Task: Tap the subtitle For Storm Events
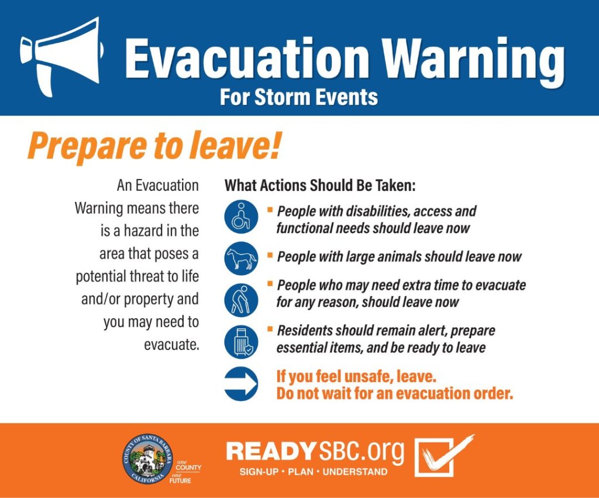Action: tap(298, 97)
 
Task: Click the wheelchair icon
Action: tap(241, 217)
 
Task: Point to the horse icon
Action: tap(241, 258)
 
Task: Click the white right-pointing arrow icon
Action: tap(241, 384)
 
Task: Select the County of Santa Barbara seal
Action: tap(147, 459)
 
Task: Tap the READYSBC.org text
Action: tap(315, 452)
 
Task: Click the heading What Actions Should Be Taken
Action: tap(320, 186)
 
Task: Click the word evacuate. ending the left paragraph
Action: tap(171, 344)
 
